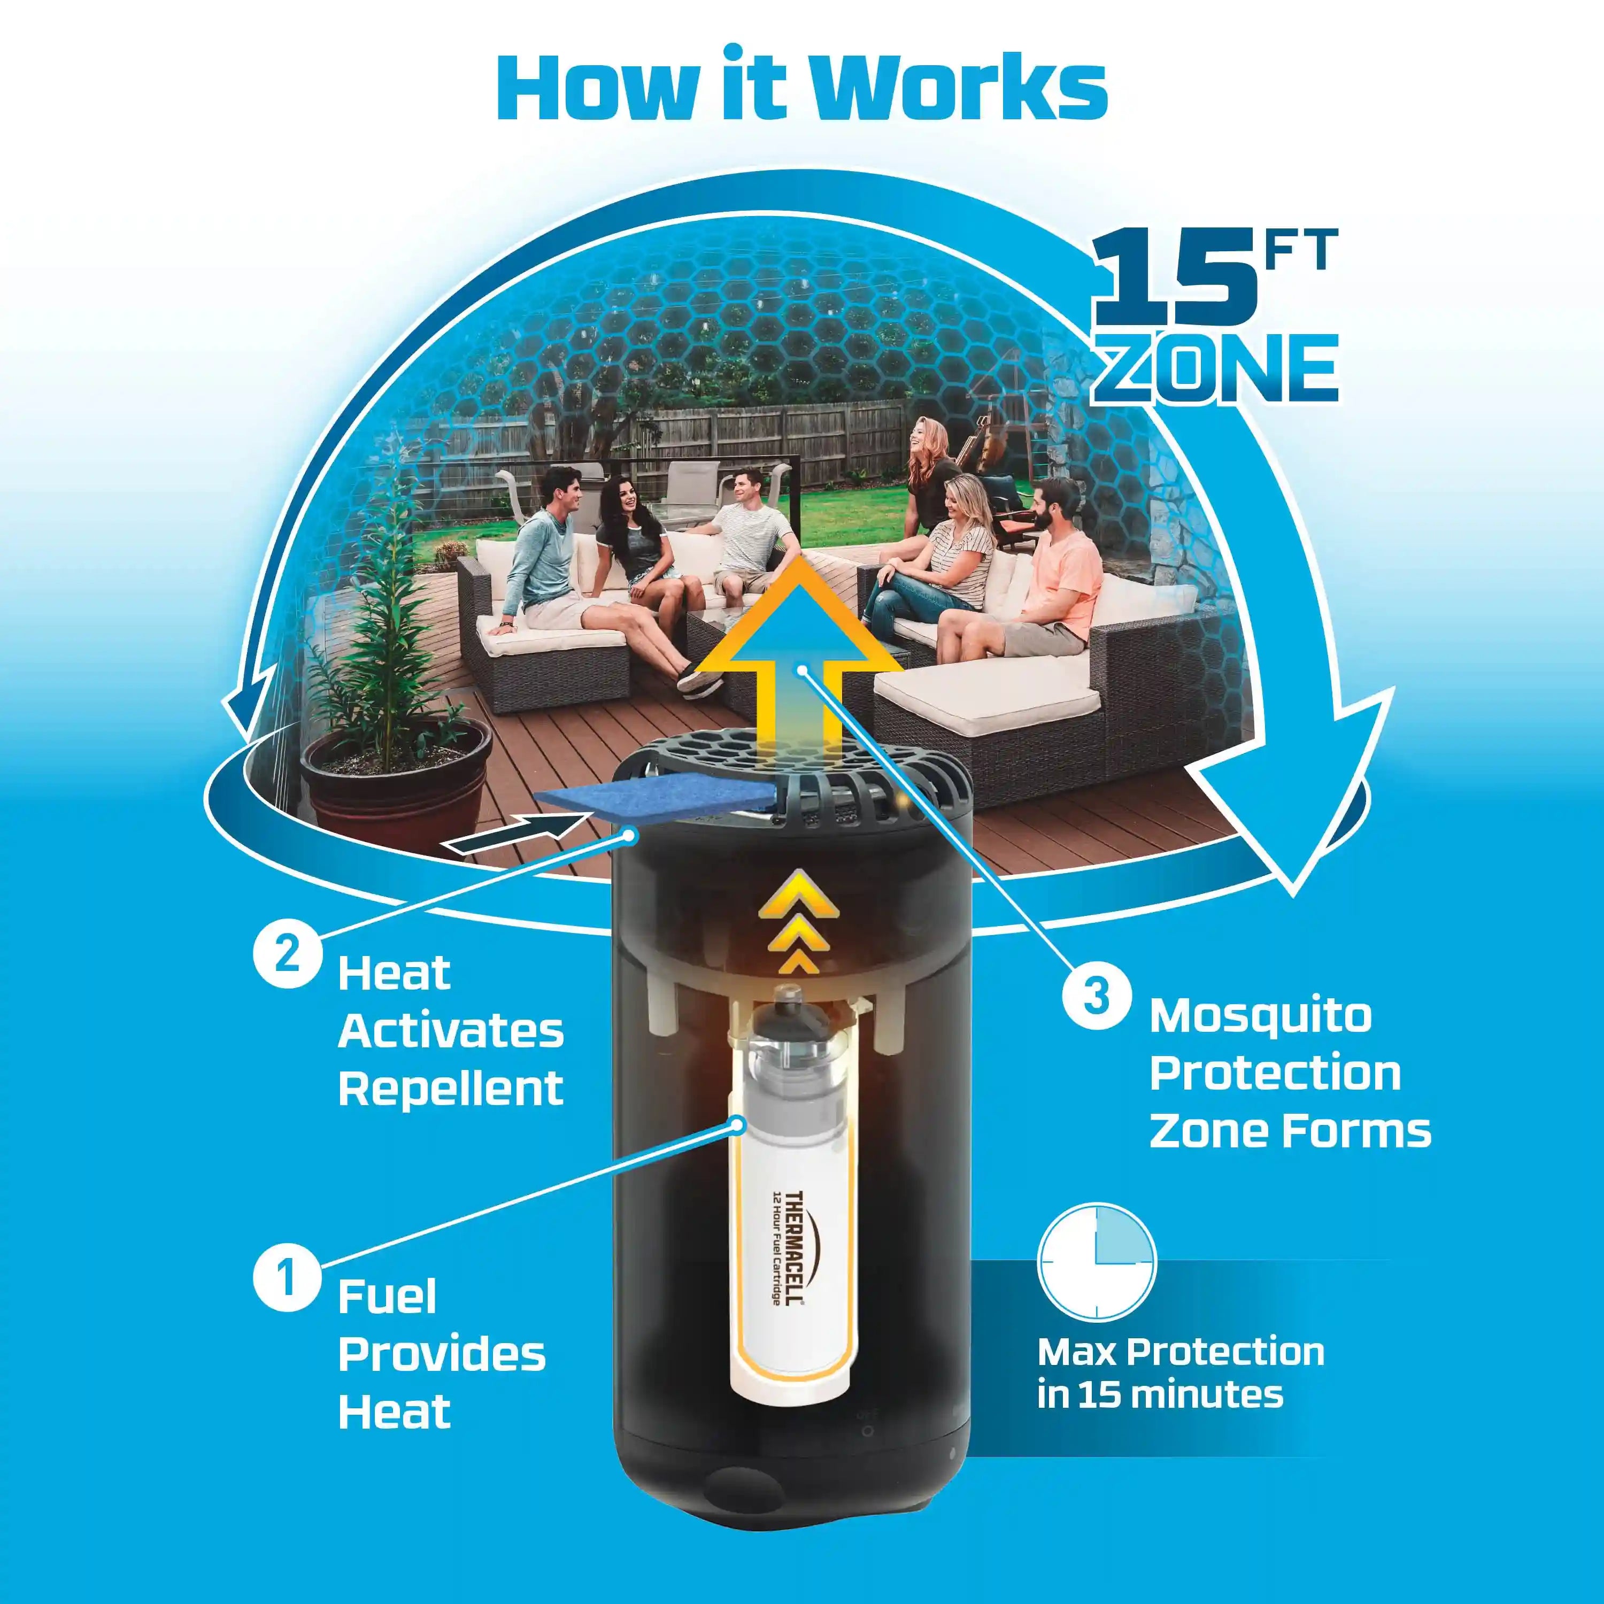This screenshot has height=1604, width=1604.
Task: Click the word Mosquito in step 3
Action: [x=1260, y=1015]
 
